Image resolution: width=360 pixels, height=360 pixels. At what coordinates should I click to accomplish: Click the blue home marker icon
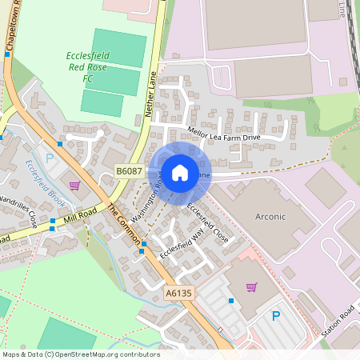pos(180,172)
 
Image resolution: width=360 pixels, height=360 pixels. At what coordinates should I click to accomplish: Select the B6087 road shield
pos(129,170)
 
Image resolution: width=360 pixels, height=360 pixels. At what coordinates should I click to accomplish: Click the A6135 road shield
pos(179,294)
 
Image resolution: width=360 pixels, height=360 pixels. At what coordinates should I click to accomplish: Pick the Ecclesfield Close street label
pos(207,222)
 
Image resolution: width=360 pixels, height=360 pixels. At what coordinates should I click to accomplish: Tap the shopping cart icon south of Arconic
pos(251,287)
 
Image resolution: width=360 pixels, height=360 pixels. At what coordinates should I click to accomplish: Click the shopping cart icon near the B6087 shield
pos(75,186)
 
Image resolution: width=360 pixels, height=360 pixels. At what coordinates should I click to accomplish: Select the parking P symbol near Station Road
pos(276,316)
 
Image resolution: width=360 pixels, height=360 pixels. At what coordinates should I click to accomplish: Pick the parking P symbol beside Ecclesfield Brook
pos(49,158)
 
